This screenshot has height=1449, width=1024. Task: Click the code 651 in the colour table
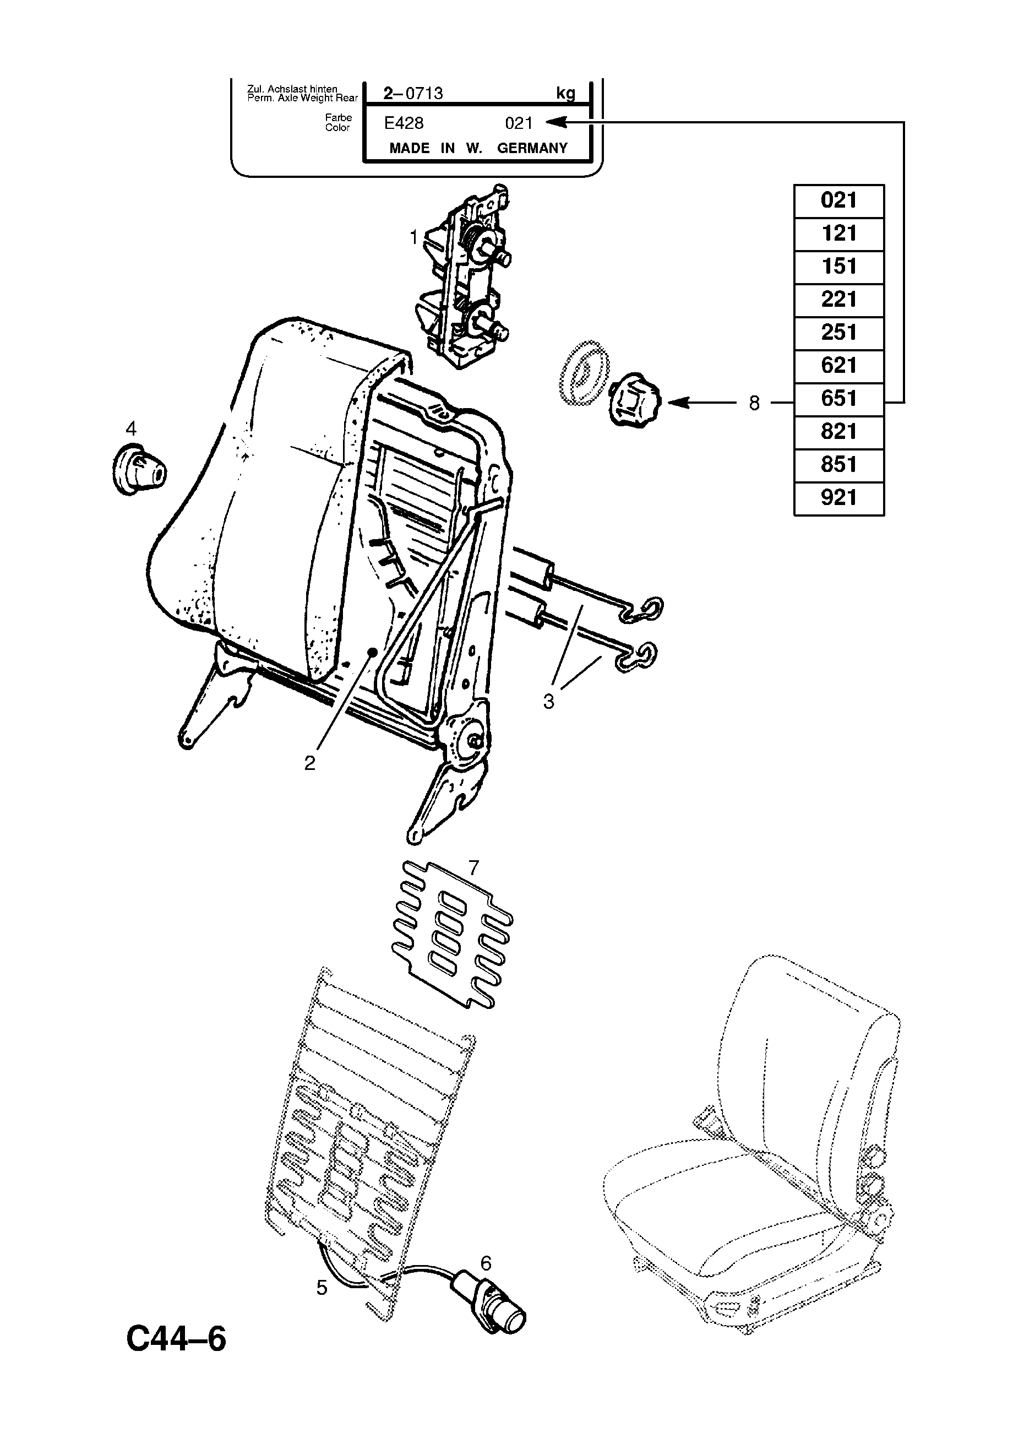[x=838, y=398]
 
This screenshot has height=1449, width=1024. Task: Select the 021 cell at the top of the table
[x=838, y=200]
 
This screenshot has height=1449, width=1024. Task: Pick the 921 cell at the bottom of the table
[x=838, y=498]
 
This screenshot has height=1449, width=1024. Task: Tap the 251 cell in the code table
[x=838, y=333]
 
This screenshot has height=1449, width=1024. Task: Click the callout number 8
[x=754, y=403]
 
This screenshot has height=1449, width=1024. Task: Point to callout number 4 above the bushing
[x=130, y=428]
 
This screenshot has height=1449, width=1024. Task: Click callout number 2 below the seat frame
[x=309, y=763]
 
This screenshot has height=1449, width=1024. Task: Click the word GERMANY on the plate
[x=532, y=148]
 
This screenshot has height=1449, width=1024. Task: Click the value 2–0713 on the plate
[x=413, y=94]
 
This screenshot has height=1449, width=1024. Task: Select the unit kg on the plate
[x=565, y=94]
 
